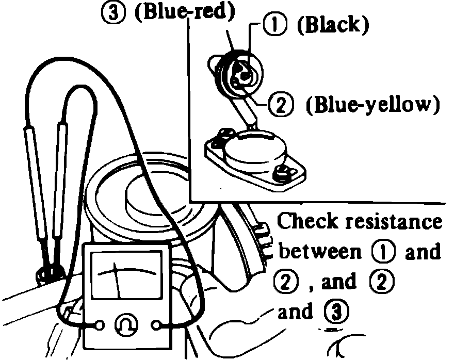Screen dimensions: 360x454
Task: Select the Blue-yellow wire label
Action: click(x=372, y=105)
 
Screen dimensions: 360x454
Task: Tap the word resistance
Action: click(x=393, y=222)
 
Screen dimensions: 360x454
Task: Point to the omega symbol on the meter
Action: click(x=127, y=325)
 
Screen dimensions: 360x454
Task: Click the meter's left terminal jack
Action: click(x=99, y=325)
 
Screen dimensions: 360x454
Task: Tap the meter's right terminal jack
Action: click(x=157, y=325)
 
